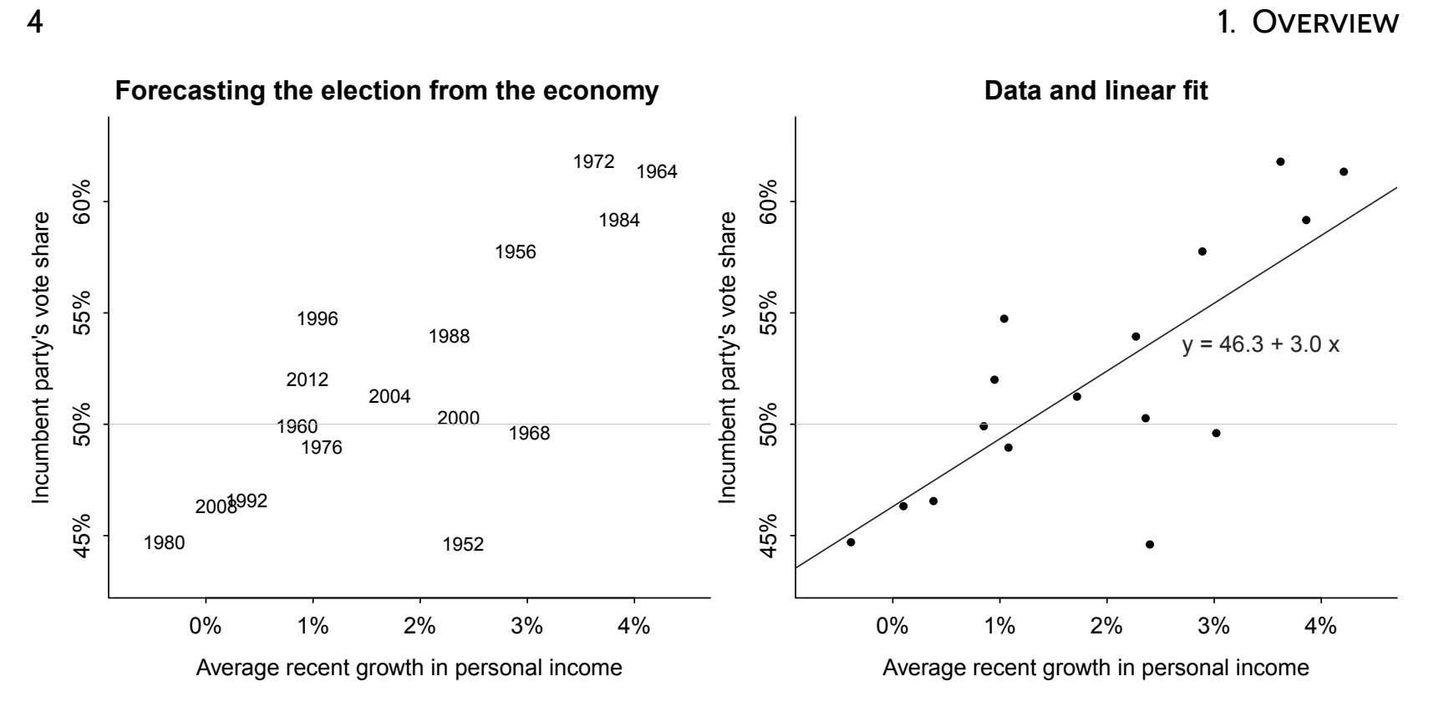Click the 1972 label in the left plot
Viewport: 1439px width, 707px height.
click(593, 162)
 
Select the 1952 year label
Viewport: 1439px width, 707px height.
click(463, 545)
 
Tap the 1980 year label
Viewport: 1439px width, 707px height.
click(164, 543)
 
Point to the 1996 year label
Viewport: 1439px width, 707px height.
click(318, 319)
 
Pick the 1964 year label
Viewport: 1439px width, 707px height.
click(657, 172)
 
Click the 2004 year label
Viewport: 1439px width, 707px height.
click(389, 397)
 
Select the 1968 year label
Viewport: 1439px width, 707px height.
click(529, 434)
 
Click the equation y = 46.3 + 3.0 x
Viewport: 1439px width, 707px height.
click(1260, 345)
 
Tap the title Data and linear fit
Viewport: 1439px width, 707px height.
click(1096, 90)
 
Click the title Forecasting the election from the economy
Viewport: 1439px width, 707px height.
click(386, 90)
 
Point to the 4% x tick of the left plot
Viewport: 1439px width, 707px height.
click(634, 626)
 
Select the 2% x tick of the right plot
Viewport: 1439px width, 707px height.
click(1106, 626)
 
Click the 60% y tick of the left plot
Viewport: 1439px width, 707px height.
click(82, 201)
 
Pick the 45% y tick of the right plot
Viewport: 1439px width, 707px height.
click(769, 535)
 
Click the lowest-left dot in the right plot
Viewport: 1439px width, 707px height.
click(851, 542)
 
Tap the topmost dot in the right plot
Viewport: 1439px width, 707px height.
click(1280, 162)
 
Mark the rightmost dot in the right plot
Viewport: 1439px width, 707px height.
click(1344, 172)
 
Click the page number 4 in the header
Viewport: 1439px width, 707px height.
click(34, 23)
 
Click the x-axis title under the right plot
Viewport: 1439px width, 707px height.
click(1096, 669)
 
